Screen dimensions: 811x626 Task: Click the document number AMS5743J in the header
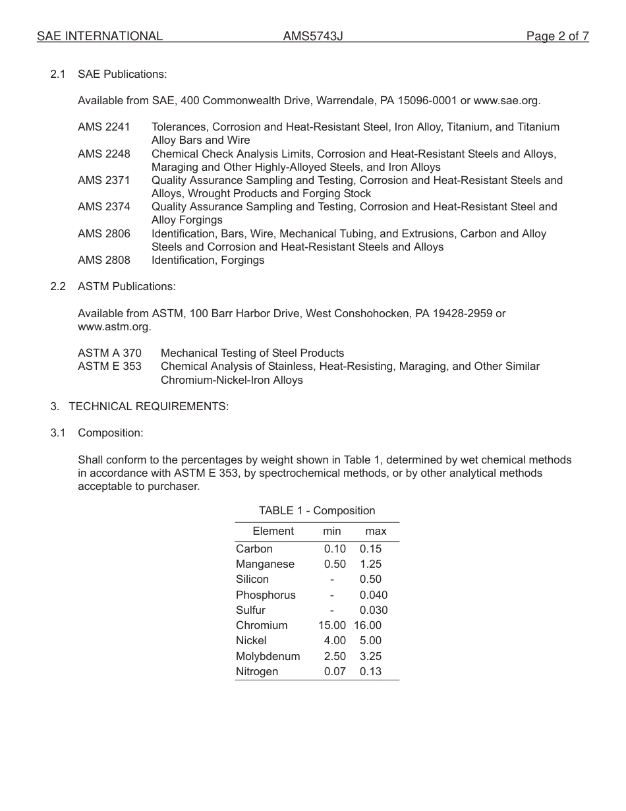[x=313, y=36]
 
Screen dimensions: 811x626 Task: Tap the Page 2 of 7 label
[x=557, y=36]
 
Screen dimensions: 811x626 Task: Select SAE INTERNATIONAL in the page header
[x=100, y=36]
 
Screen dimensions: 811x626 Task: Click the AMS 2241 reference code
[x=104, y=127]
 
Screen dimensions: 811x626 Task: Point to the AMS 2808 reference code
[x=104, y=260]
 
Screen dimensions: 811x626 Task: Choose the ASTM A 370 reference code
[x=109, y=353]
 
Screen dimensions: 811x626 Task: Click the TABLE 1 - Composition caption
[x=317, y=510]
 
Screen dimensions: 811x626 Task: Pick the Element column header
[x=273, y=531]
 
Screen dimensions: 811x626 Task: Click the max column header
[x=376, y=531]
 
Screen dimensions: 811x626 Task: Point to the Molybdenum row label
[x=268, y=656]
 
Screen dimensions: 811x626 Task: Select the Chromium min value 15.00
[x=332, y=625]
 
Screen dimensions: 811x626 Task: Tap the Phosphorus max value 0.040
[x=374, y=595]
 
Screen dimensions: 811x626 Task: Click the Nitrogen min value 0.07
[x=335, y=671]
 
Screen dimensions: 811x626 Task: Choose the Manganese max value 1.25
[x=370, y=564]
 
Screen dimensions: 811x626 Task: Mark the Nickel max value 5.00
[x=370, y=640]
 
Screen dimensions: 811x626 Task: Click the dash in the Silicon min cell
[x=332, y=580]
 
